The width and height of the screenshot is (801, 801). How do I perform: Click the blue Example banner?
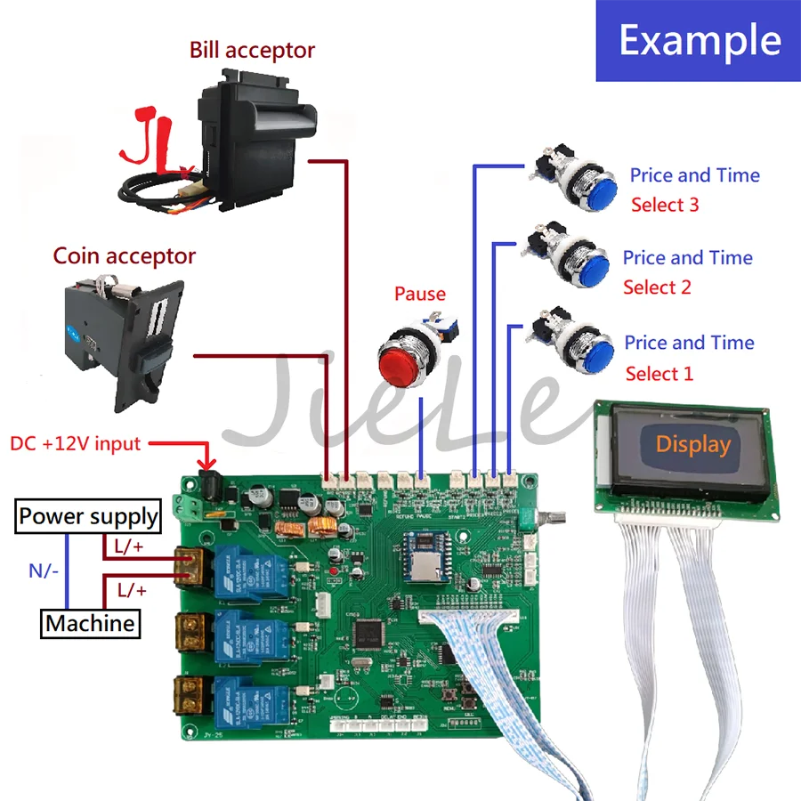(x=699, y=41)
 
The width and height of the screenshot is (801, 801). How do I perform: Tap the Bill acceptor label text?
(x=252, y=50)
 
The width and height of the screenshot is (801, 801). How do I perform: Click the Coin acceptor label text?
(x=124, y=256)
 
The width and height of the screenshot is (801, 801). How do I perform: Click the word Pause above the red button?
(x=419, y=294)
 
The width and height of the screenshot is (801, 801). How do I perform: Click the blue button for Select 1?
(x=588, y=351)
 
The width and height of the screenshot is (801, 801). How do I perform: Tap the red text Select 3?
(x=665, y=205)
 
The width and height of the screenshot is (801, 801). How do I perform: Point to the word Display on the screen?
(x=692, y=444)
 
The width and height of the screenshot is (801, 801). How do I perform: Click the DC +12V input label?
(x=75, y=443)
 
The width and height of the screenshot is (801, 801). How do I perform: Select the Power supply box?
(x=88, y=516)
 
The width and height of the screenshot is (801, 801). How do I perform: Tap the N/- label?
(x=44, y=570)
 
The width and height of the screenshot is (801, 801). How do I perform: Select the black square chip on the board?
(x=368, y=634)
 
